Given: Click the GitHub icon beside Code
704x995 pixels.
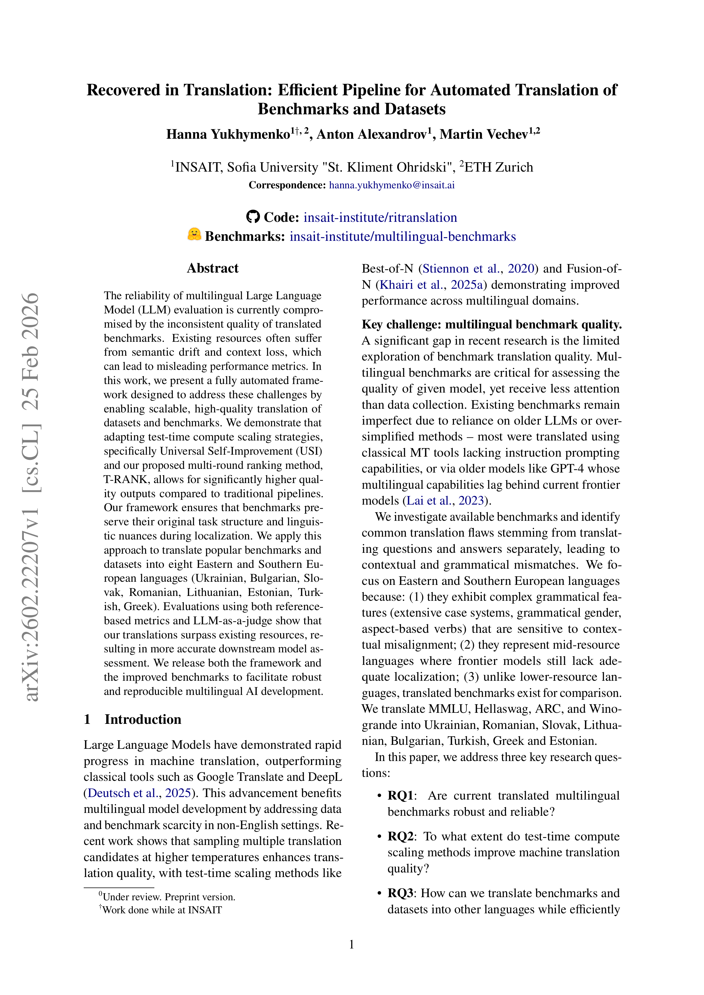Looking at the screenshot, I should (253, 217).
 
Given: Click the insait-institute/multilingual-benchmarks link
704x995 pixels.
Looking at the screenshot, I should (403, 236).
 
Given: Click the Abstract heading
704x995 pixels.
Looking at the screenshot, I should (213, 268).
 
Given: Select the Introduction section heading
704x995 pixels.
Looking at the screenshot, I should (143, 719).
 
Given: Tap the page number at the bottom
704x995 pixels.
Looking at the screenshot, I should (352, 944).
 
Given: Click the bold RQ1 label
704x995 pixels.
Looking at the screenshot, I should (400, 796).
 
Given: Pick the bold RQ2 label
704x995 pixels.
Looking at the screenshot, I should (400, 836).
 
